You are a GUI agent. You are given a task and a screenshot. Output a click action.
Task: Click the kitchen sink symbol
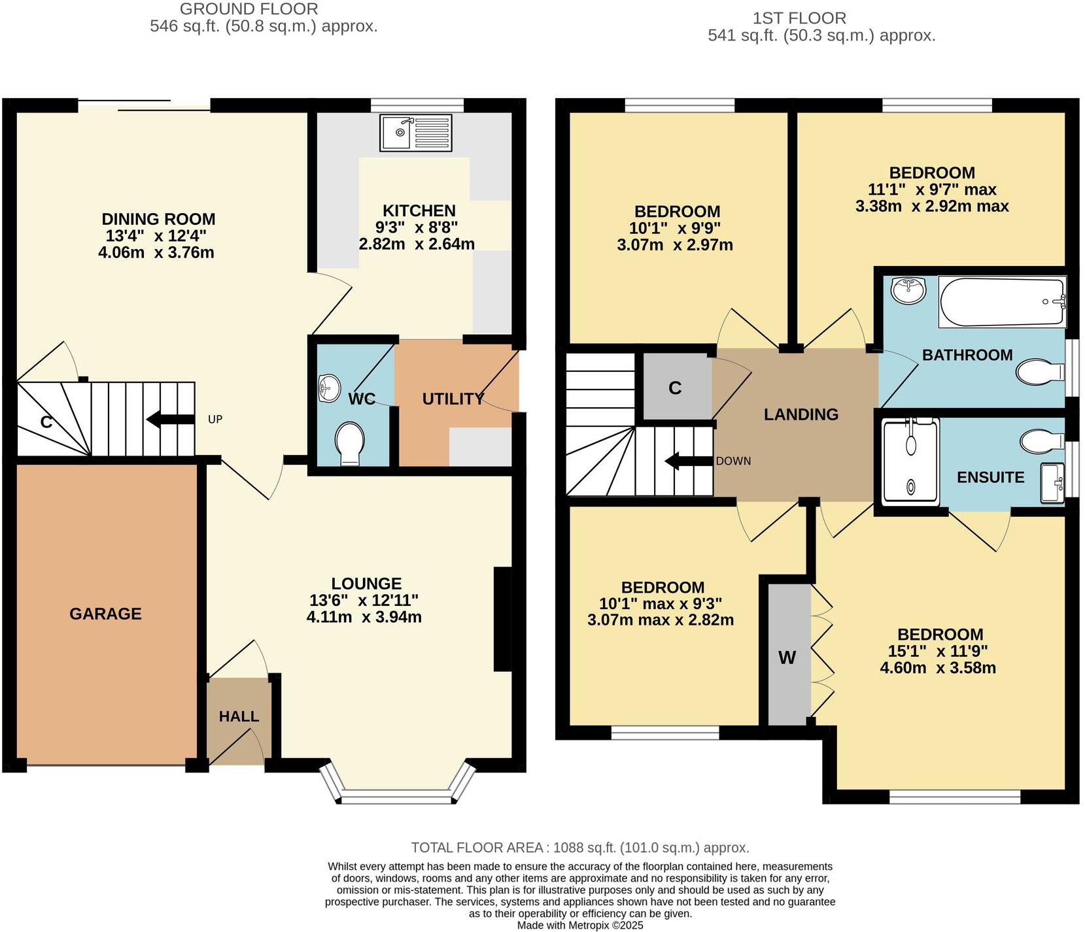(416, 133)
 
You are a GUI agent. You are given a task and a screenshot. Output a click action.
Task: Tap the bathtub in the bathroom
(1002, 302)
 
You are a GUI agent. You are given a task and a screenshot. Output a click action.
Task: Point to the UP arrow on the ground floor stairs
(171, 420)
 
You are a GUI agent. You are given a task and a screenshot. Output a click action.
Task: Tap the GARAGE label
(105, 614)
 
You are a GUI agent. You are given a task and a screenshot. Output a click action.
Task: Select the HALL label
(239, 716)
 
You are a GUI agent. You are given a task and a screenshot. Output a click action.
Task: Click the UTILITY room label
(453, 399)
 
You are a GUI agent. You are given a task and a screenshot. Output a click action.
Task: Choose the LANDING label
(801, 414)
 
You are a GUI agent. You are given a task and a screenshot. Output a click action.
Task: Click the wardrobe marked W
(787, 657)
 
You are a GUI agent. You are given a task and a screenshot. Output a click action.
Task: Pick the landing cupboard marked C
(676, 388)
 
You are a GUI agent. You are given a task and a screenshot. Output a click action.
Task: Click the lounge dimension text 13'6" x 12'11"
(364, 600)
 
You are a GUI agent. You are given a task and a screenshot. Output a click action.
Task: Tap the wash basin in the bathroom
(908, 290)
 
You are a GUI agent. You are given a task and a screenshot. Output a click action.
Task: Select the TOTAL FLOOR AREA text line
(580, 848)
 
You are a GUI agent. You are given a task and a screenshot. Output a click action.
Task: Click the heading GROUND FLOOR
(249, 9)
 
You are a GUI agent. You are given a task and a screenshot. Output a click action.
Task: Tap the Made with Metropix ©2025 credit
(580, 925)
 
